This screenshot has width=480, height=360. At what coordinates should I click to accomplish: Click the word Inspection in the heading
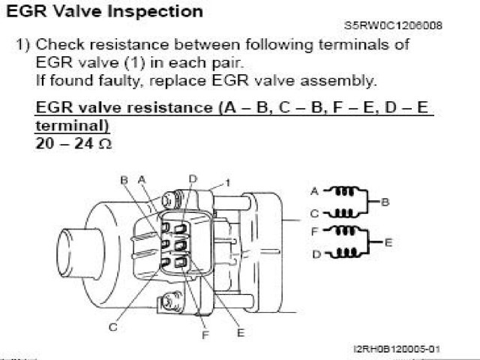tap(156, 13)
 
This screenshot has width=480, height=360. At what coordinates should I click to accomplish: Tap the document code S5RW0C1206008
tap(393, 25)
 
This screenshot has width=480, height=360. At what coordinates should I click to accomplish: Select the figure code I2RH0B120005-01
tap(397, 349)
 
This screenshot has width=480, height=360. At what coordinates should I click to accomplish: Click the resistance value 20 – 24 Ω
tap(73, 143)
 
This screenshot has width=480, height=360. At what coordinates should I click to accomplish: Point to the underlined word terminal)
tap(72, 125)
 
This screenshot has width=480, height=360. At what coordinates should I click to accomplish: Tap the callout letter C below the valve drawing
tap(113, 327)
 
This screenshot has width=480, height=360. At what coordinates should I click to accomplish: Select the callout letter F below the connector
tap(205, 335)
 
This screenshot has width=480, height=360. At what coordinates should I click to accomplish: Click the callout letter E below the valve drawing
tap(241, 333)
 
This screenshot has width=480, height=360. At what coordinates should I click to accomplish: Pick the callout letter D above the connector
tap(193, 178)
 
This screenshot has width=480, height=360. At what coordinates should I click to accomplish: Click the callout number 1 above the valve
tap(227, 183)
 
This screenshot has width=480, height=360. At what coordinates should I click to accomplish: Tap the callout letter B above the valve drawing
tap(124, 180)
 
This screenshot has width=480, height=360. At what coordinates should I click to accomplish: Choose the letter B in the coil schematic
tap(385, 202)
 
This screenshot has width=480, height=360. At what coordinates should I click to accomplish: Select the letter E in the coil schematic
tap(388, 243)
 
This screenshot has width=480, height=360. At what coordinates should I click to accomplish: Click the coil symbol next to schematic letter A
tap(344, 192)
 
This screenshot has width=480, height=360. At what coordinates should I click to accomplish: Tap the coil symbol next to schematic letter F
tap(345, 230)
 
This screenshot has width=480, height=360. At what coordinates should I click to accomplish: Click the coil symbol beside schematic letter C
tap(343, 213)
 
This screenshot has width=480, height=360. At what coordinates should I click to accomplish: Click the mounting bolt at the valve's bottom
tap(169, 303)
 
